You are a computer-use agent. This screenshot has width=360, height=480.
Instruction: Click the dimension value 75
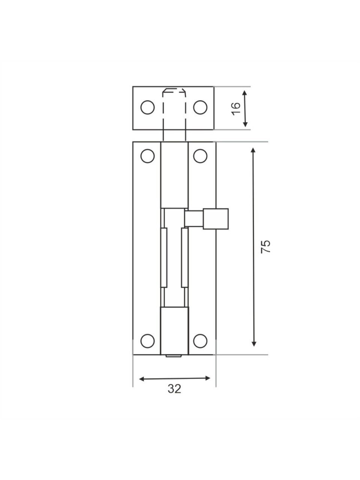[265, 247]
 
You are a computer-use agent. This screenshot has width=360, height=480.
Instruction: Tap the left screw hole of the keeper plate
[147, 107]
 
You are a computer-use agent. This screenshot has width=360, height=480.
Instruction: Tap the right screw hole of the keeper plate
[200, 107]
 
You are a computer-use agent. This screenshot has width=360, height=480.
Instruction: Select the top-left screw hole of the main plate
[147, 156]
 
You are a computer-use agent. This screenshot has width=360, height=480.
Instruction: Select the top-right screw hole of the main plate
[200, 156]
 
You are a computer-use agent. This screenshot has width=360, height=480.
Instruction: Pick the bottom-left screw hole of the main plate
[147, 341]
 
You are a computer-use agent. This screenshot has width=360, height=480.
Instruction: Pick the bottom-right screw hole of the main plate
[200, 341]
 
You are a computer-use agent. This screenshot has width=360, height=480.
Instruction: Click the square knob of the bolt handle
[216, 219]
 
